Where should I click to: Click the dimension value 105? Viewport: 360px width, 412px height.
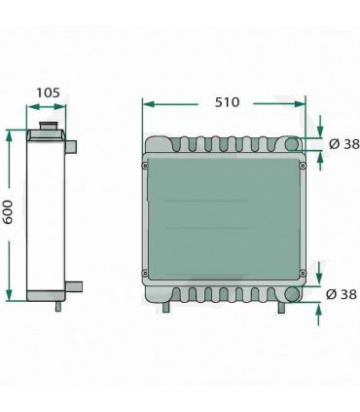48,94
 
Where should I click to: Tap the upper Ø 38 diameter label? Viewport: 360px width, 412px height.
343,144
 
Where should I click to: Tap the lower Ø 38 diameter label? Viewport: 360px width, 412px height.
343,294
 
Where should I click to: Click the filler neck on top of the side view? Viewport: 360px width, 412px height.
48,129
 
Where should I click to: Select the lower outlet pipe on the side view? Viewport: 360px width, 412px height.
74,286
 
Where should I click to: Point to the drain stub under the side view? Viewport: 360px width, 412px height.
57,305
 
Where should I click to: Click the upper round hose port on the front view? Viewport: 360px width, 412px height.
293,146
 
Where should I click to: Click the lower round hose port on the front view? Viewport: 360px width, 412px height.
293,293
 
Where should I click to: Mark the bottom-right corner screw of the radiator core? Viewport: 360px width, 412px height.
304,272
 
